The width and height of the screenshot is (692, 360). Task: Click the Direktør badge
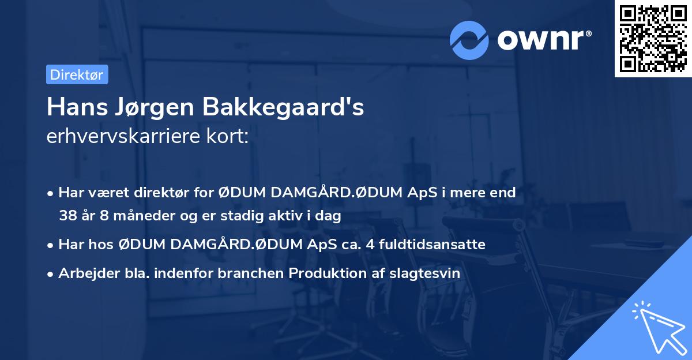(77, 74)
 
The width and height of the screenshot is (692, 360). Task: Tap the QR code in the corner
(652, 38)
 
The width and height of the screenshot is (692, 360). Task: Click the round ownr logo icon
(469, 40)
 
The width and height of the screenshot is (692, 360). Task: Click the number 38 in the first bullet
(67, 216)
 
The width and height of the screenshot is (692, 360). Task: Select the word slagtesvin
(427, 273)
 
